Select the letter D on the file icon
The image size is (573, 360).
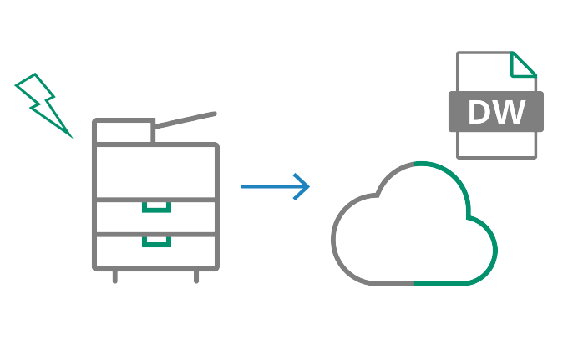483,113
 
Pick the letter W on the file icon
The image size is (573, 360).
512,113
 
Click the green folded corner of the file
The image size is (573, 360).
524,64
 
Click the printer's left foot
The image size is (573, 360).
115,276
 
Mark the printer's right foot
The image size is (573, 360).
196,276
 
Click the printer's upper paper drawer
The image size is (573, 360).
156,217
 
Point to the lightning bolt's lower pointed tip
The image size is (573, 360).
70,134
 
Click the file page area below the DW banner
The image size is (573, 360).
496,144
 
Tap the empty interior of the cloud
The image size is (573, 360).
413,234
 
